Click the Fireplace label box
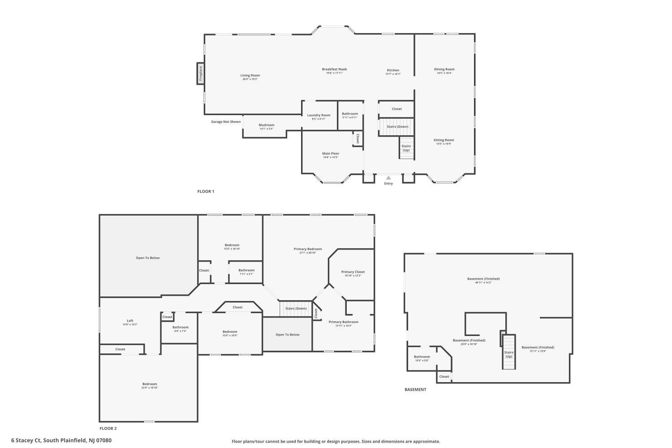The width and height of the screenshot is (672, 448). tap(201, 73)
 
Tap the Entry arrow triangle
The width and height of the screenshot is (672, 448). tap(388, 178)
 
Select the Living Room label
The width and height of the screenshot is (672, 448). tap(250, 75)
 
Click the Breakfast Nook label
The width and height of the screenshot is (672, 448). tap(334, 69)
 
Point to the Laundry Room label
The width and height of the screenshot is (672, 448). tap(319, 115)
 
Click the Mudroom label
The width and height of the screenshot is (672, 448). tap(266, 125)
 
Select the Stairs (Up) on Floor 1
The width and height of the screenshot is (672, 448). tap(406, 148)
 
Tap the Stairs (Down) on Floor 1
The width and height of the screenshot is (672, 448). tap(397, 126)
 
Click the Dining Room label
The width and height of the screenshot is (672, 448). tap(444, 69)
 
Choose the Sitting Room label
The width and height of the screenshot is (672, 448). tap(444, 140)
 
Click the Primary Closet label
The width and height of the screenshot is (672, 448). tap(353, 272)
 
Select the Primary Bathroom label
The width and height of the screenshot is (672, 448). tap(343, 322)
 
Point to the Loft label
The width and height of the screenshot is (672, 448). tap(130, 321)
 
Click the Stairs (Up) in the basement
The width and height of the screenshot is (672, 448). tap(508, 354)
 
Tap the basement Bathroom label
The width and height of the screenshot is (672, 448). tap(422, 357)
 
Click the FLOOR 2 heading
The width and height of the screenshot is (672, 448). tap(108, 429)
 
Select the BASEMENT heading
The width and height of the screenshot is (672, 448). tap(415, 390)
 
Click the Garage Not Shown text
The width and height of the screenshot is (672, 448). tap(226, 122)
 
